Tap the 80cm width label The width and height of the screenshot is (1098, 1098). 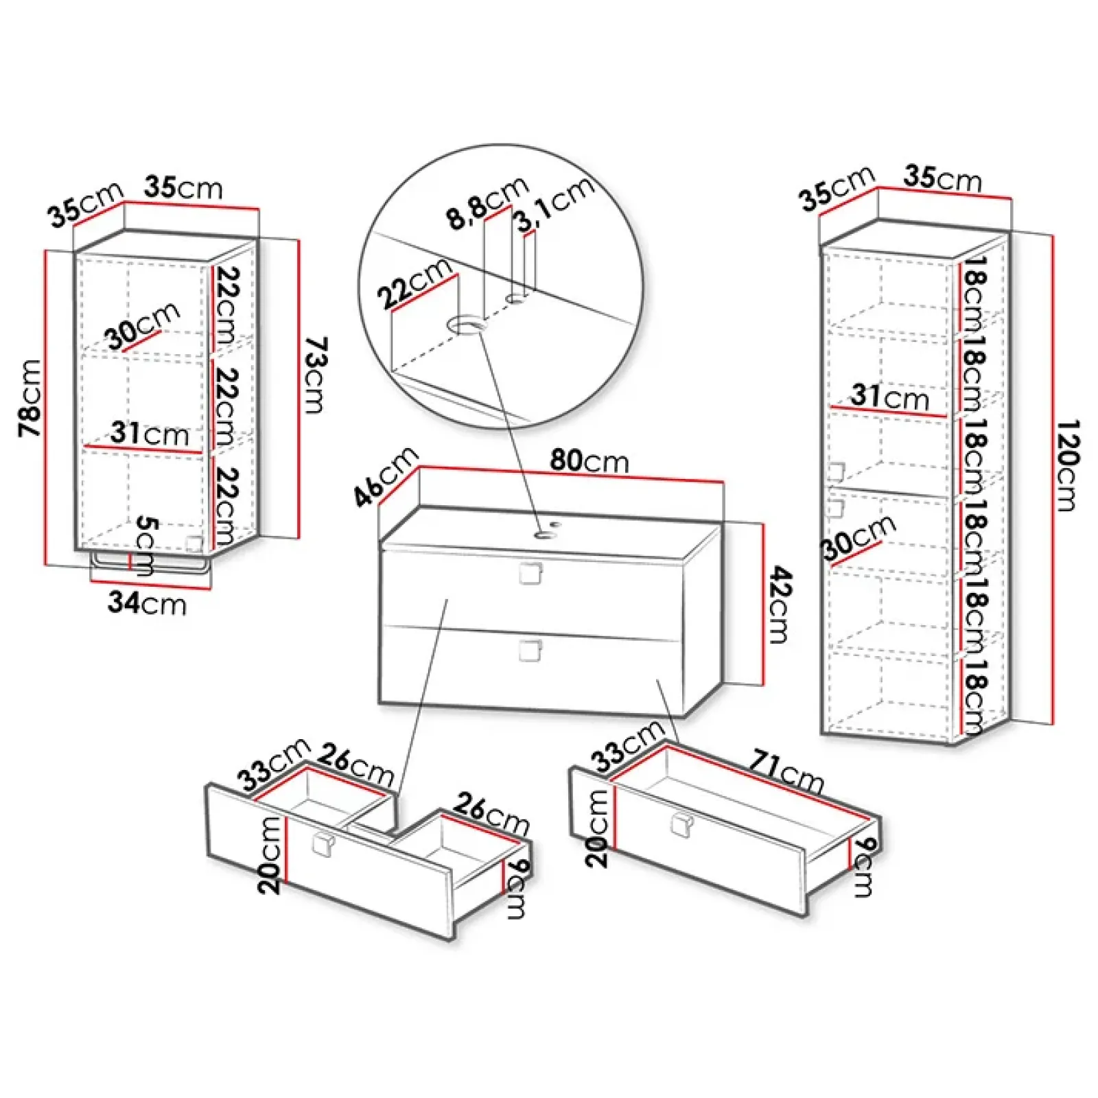pyautogui.click(x=589, y=460)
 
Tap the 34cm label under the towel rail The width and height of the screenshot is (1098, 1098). pyautogui.click(x=147, y=603)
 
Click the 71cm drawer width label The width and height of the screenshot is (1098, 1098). pyautogui.click(x=786, y=771)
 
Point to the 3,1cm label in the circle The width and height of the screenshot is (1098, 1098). pyautogui.click(x=554, y=204)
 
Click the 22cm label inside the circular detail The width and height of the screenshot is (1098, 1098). pyautogui.click(x=414, y=283)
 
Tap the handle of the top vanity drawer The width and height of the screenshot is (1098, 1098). pyautogui.click(x=530, y=573)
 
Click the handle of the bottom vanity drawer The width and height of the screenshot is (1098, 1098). pyautogui.click(x=530, y=651)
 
